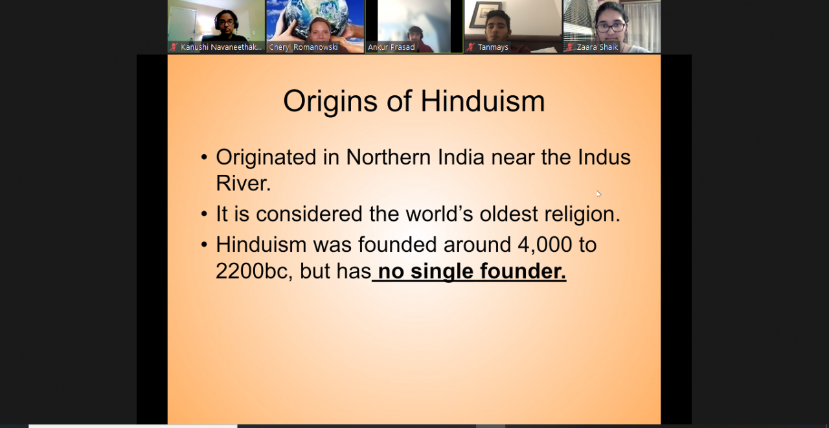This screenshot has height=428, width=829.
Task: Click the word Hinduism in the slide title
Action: click(483, 101)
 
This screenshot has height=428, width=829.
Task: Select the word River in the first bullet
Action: click(243, 183)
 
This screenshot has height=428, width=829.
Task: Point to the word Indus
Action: click(604, 157)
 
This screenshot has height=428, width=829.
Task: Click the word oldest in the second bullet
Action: click(508, 214)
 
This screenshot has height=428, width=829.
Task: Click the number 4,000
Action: click(545, 245)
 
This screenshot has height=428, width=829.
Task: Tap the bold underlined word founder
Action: click(523, 271)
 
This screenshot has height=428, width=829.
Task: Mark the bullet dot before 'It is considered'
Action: click(204, 214)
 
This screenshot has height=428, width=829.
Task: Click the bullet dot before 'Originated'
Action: click(204, 157)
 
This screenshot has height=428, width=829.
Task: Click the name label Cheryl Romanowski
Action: click(303, 47)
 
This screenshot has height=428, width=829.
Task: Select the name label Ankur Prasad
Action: click(391, 47)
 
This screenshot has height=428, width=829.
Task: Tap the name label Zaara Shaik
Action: click(597, 47)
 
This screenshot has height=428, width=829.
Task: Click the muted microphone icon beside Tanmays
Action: click(470, 47)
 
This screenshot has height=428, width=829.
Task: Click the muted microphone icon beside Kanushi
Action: click(174, 47)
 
